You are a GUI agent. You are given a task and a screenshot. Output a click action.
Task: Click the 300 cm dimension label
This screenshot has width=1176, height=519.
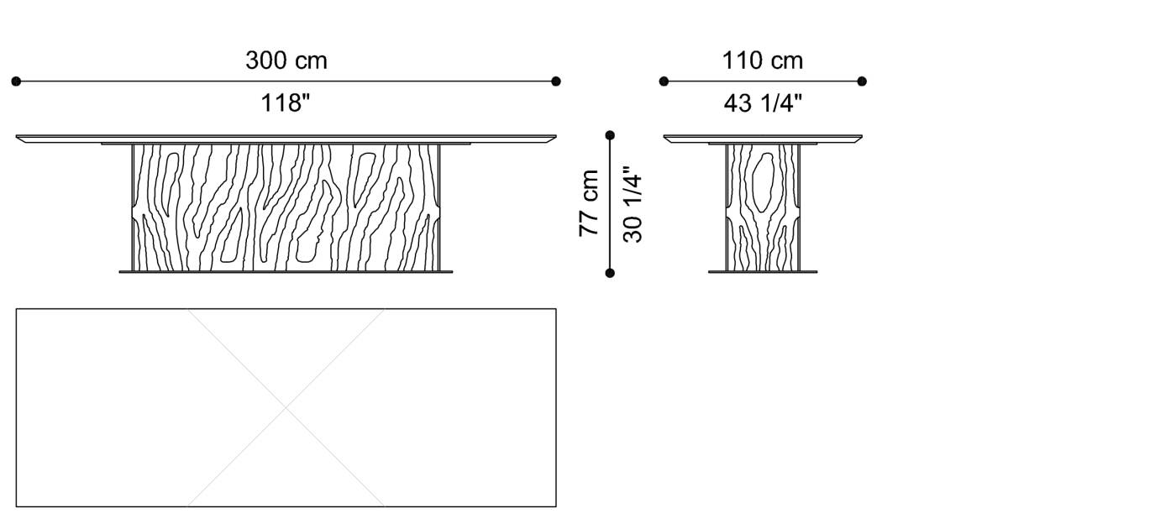[x=286, y=60]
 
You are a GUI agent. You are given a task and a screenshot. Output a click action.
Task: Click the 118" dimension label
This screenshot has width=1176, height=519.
[x=286, y=103]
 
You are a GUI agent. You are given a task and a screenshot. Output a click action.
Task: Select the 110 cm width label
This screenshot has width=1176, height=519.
[x=762, y=60]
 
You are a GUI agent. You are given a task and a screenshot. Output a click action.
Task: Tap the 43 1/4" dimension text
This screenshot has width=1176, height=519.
[x=762, y=103]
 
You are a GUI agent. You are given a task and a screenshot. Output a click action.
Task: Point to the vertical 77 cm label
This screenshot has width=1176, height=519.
[x=589, y=203]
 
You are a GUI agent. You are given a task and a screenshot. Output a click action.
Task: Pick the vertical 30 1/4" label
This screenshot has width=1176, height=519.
[x=633, y=207]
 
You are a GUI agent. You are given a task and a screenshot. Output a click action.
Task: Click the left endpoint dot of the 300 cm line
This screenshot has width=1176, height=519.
[x=16, y=81]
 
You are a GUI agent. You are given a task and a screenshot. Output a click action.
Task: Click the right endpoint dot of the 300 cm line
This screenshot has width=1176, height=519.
[x=556, y=81]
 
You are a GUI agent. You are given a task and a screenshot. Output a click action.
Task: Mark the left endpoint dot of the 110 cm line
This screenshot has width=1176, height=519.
[x=664, y=81]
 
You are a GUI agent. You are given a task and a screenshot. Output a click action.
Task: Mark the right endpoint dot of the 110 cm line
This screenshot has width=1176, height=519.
[x=862, y=81]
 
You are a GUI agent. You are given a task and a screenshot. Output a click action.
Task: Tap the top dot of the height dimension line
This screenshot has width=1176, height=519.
[x=610, y=135]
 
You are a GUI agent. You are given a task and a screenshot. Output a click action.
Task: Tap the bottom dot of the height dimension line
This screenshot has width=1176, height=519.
[x=610, y=273]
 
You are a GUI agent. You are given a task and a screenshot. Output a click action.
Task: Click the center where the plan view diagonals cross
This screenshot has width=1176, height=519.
[x=286, y=408]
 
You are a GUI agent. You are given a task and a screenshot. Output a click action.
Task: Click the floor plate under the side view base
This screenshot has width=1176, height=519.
[x=762, y=271]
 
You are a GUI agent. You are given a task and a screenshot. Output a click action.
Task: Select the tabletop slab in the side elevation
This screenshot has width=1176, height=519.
[x=762, y=139]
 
